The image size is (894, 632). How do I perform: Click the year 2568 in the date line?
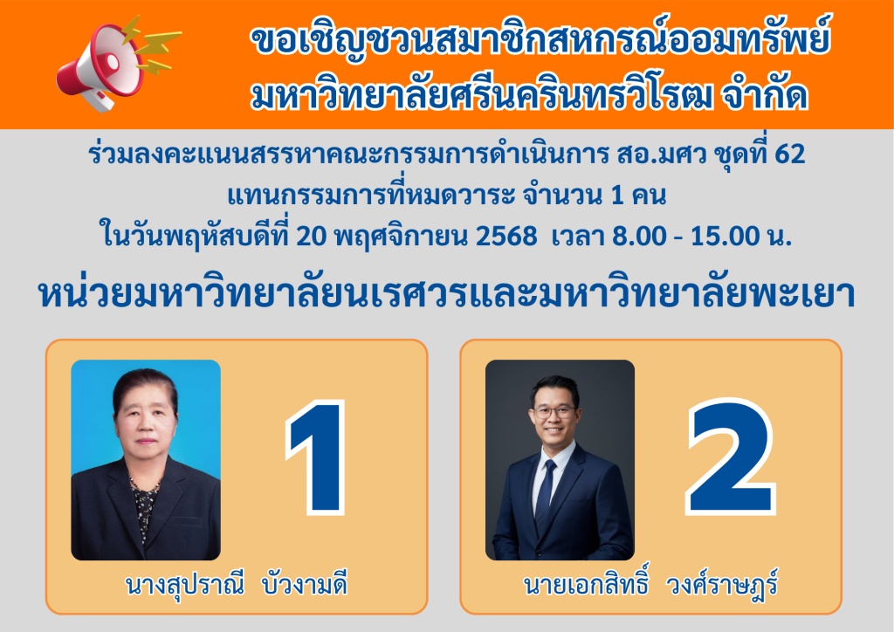505,236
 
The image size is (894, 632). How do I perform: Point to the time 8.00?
639,236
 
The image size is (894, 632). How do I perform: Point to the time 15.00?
726,236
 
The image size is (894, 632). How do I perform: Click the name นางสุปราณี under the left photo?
185,585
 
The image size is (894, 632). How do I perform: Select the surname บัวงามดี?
305,585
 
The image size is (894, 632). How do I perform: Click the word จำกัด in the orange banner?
765,95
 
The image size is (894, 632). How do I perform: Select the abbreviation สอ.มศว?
662,154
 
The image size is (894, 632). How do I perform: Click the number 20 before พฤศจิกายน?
312,236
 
